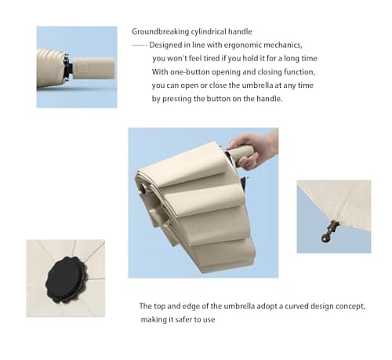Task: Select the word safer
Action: coord(183,319)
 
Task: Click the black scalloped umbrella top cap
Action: coord(67,279)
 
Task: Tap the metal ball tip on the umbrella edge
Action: coord(325,238)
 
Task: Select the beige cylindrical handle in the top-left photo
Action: coord(93,69)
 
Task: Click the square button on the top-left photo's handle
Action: coord(84,68)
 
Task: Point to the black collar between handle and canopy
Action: coord(68,67)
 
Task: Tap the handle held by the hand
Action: coord(239,155)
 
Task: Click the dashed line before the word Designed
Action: coord(140,45)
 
